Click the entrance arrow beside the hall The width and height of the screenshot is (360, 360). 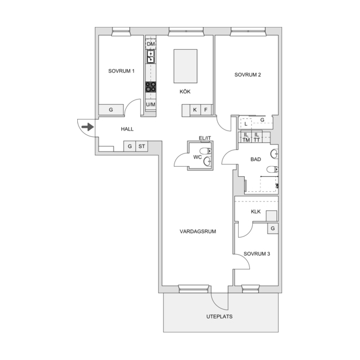88,127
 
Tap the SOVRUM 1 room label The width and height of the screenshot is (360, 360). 121,71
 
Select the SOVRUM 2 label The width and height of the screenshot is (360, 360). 248,74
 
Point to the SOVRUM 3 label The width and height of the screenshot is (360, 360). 257,253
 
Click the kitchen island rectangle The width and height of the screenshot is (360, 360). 186,66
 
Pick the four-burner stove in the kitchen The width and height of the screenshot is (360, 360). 150,87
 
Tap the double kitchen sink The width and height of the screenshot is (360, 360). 150,57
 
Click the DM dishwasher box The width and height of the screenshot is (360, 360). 150,44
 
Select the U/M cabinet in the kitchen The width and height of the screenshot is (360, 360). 150,104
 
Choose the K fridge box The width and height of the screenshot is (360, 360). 195,109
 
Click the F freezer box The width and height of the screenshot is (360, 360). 206,109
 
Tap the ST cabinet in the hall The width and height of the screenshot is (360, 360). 142,146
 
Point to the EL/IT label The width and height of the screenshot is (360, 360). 205,138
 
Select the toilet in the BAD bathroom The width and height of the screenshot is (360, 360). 273,169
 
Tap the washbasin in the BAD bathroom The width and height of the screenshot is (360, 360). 275,154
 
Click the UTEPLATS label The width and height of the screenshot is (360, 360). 220,316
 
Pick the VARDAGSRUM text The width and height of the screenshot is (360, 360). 198,231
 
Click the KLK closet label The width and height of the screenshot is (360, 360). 256,211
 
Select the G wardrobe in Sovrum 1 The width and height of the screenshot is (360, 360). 111,109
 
